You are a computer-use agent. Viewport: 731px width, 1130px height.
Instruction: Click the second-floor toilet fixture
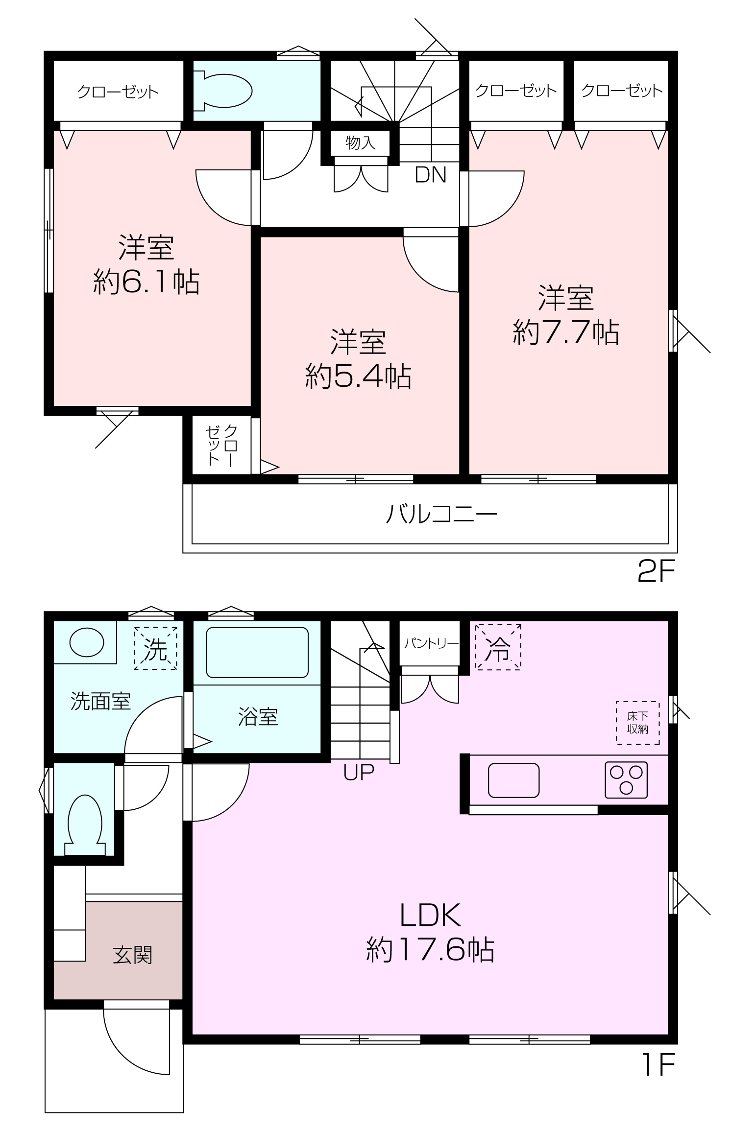223,91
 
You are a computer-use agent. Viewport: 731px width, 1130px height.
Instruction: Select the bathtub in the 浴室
257,653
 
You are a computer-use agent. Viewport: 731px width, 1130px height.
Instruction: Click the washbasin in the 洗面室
87,642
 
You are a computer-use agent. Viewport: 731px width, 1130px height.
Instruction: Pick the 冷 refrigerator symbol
498,647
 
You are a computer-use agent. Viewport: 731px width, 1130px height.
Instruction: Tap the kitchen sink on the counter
513,780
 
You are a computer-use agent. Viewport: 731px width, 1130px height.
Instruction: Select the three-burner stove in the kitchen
626,780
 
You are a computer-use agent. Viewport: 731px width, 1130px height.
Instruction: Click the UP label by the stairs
359,772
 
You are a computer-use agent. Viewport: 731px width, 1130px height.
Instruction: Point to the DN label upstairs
431,175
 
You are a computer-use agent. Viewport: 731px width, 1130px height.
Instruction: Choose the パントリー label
431,643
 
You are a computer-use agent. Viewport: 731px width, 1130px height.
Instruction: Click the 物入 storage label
361,142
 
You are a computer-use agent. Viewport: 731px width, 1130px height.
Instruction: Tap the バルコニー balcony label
441,515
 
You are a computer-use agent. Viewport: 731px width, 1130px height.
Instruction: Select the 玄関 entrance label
133,955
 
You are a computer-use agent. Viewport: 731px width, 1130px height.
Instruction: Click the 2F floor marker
656,571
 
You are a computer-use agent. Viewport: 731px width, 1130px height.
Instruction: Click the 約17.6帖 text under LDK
430,950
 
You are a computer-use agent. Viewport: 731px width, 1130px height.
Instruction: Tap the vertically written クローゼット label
221,445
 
